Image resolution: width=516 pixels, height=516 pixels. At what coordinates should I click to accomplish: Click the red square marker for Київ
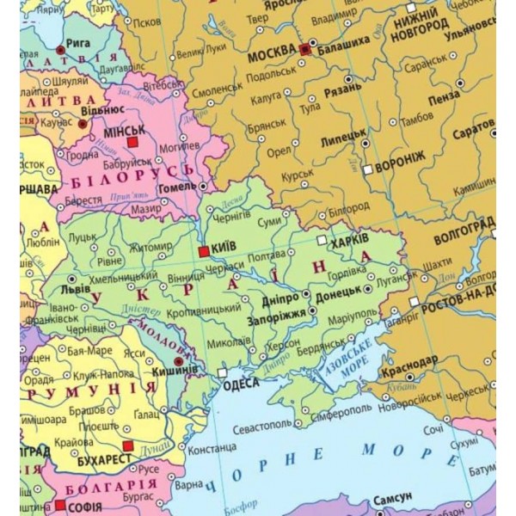pos(203,251)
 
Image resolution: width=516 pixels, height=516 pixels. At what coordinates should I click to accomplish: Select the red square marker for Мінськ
pos(132,141)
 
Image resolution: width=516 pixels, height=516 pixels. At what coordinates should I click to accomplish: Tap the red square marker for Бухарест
pos(128,446)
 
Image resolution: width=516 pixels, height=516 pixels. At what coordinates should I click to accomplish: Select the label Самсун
pos(392,498)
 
